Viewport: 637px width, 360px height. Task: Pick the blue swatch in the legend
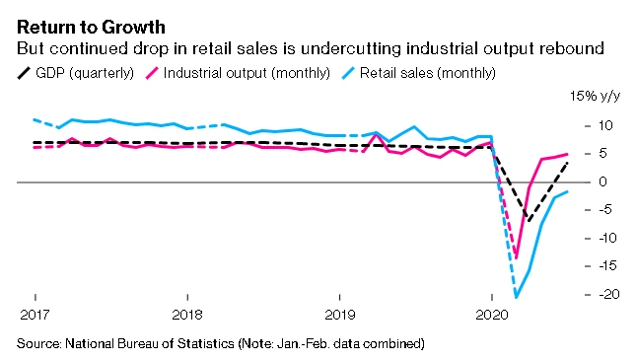(x=350, y=72)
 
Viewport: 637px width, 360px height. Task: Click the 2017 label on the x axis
(x=35, y=315)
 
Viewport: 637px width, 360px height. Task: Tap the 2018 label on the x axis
(x=187, y=315)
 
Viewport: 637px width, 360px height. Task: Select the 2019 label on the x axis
(x=339, y=315)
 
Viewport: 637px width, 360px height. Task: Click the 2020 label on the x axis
(x=491, y=315)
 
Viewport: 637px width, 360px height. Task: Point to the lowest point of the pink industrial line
(x=516, y=257)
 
